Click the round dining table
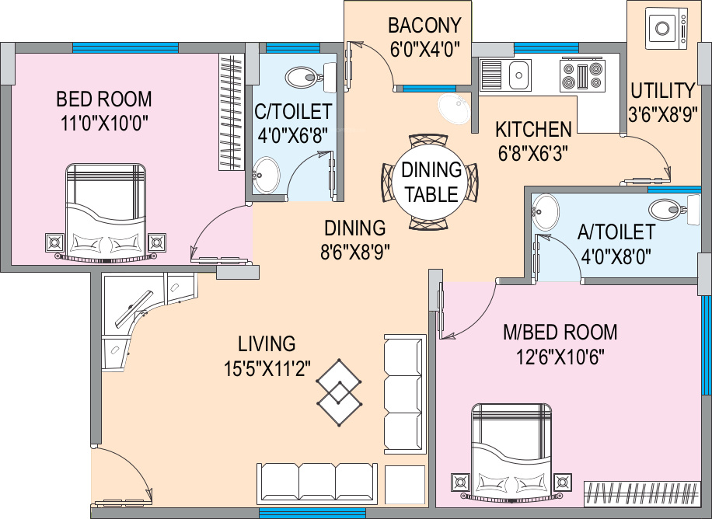pyautogui.click(x=431, y=183)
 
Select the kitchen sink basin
pyautogui.click(x=518, y=75)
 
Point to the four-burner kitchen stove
pyautogui.click(x=582, y=75)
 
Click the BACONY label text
pyautogui.click(x=424, y=26)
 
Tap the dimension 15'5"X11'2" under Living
pyautogui.click(x=267, y=369)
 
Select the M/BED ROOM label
pyautogui.click(x=560, y=333)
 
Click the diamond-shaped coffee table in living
pyautogui.click(x=339, y=392)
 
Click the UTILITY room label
pyautogui.click(x=663, y=90)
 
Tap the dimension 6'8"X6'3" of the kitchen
pyautogui.click(x=533, y=154)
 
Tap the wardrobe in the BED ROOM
pyautogui.click(x=232, y=112)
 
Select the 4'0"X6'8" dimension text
pyautogui.click(x=292, y=135)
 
